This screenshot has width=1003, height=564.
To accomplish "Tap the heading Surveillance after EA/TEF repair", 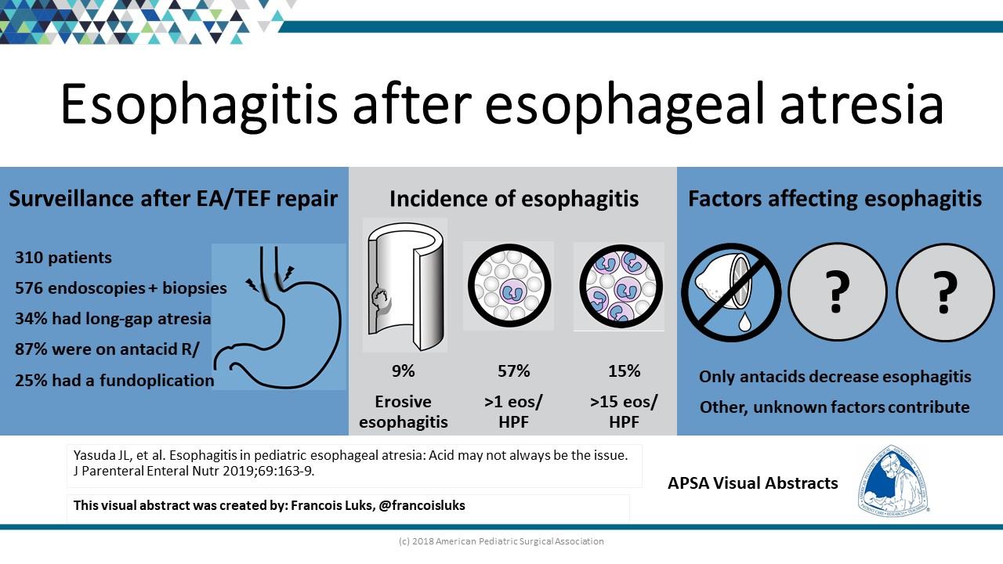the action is click(173, 199).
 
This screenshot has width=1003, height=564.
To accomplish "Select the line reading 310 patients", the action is click(63, 258).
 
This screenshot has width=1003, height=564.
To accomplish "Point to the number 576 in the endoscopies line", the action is click(29, 287).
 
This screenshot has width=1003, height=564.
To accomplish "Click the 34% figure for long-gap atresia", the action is click(31, 319).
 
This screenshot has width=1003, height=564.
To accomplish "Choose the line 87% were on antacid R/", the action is click(107, 349).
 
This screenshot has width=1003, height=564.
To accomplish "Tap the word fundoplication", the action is click(157, 380).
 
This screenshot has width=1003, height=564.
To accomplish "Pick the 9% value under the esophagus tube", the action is click(403, 371).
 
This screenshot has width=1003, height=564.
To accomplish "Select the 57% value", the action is click(513, 371).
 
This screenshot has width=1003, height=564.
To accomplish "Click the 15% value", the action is click(624, 371).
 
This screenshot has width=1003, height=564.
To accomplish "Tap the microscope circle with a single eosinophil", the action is click(509, 285).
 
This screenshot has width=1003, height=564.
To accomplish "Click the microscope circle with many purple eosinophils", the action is click(621, 286).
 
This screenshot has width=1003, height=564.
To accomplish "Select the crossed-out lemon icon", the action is click(731, 293).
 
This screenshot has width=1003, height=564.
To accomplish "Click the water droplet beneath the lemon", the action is click(744, 322).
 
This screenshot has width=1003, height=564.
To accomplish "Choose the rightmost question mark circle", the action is click(945, 292).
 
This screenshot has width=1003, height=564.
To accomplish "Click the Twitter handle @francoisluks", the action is click(422, 505).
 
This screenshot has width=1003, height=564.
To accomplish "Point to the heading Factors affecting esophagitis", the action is click(835, 199).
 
